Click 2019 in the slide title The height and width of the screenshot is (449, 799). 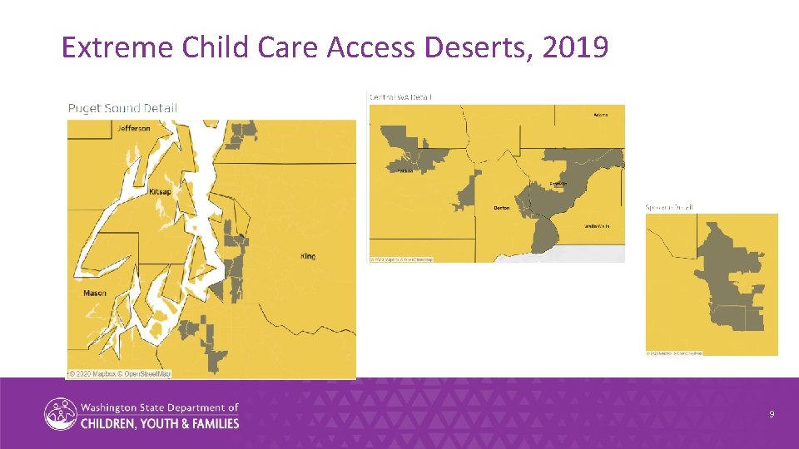click(575, 48)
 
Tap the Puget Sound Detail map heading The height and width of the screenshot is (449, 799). click(122, 108)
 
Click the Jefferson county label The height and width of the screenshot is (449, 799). click(134, 128)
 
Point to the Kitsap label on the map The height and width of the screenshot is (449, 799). click(160, 192)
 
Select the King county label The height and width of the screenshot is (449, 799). click(308, 256)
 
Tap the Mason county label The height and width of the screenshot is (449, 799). click(95, 294)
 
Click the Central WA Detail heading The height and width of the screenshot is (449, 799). click(400, 97)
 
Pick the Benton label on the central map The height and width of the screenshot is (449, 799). click(501, 208)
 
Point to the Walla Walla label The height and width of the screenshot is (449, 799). click(597, 226)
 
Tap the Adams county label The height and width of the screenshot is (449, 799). click(600, 115)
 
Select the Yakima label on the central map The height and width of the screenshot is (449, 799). click(404, 171)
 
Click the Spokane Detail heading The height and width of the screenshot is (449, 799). click(669, 207)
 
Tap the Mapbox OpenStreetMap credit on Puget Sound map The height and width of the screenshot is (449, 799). click(119, 374)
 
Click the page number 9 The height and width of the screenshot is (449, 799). click(772, 413)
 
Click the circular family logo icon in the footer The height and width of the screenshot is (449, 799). click(60, 414)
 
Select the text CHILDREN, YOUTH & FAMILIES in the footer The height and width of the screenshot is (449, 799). click(160, 423)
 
